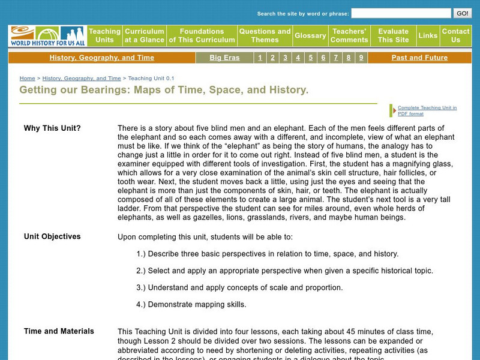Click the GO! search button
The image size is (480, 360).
pyautogui.click(x=462, y=13)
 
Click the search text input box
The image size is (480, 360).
pyautogui.click(x=401, y=13)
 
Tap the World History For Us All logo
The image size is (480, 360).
pyautogui.click(x=47, y=36)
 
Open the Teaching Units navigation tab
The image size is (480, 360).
pyautogui.click(x=105, y=35)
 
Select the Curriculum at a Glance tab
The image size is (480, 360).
pyautogui.click(x=144, y=35)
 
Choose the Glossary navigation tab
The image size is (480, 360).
pyautogui.click(x=310, y=35)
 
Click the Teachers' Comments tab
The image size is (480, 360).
pyautogui.click(x=349, y=35)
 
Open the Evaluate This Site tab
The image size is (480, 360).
pyautogui.click(x=393, y=35)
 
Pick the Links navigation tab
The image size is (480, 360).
pyautogui.click(x=428, y=35)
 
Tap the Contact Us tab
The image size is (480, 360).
pyautogui.click(x=455, y=35)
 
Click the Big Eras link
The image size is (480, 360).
pyautogui.click(x=224, y=58)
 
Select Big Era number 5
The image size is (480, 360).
pyautogui.click(x=311, y=58)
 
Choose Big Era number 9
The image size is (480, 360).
pyautogui.click(x=361, y=58)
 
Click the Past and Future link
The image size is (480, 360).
pyautogui.click(x=419, y=58)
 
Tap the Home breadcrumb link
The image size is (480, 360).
pyautogui.click(x=27, y=78)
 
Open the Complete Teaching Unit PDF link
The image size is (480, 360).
pyautogui.click(x=427, y=110)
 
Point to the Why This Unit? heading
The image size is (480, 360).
pyautogui.click(x=52, y=128)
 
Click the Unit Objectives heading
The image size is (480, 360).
pyautogui.click(x=52, y=236)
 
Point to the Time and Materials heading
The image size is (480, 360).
pyautogui.click(x=59, y=331)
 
